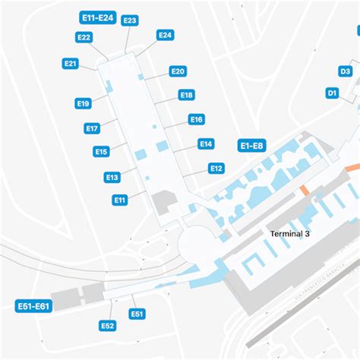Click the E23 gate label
130,21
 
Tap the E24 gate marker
165,35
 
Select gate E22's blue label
84,36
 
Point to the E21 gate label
71,64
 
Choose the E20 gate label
178,71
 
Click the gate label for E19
84,103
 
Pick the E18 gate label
186,95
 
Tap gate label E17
93,128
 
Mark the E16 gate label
196,119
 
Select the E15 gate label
101,152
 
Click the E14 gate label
205,144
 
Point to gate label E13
112,177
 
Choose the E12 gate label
216,168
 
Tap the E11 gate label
119,200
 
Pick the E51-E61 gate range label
33,306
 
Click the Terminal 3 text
290,234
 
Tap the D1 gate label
332,93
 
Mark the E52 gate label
108,326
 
